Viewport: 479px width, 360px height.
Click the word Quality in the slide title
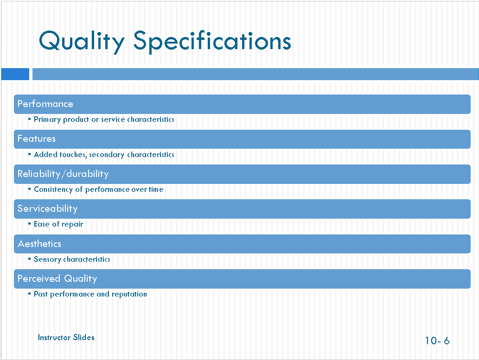tap(82, 41)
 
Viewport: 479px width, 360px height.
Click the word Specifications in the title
tap(212, 41)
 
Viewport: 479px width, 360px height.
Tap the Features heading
tap(36, 139)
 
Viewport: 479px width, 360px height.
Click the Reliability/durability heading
tap(63, 174)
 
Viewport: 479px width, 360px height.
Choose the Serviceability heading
tap(47, 208)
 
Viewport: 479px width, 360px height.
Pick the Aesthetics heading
tap(39, 244)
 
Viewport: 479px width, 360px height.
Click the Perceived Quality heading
tap(57, 278)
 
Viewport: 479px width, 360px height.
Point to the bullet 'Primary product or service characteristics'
tap(104, 120)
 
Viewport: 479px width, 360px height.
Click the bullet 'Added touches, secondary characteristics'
tap(104, 155)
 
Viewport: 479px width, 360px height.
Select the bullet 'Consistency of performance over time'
tap(98, 189)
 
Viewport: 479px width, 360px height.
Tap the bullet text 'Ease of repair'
tap(58, 224)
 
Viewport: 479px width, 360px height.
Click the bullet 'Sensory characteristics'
tap(72, 259)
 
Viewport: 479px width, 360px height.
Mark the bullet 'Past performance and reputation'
tap(90, 294)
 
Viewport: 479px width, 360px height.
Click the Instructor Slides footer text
tap(66, 337)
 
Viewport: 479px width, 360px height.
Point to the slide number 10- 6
tap(437, 341)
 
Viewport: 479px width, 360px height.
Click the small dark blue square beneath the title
tap(15, 74)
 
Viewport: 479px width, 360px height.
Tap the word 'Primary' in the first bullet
tap(47, 120)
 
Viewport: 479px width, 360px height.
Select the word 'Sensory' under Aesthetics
tap(47, 259)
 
